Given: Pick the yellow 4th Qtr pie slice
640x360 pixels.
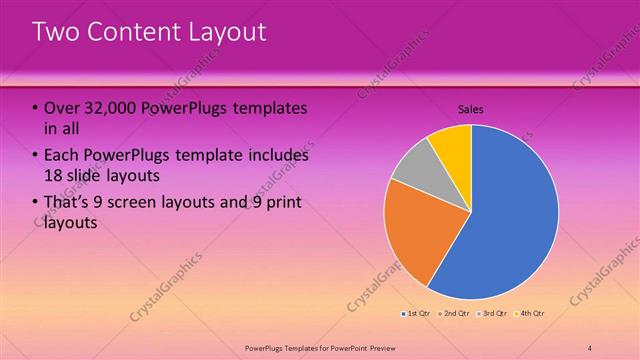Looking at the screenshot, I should [x=453, y=144].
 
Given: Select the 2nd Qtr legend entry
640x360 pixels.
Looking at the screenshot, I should [x=455, y=314].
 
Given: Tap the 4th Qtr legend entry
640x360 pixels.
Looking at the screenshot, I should [x=530, y=314].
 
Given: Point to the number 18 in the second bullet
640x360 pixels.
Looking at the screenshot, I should [x=54, y=177].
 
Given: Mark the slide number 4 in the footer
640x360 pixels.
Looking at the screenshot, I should [x=590, y=346].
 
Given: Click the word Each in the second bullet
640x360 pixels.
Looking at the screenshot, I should [x=62, y=155].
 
